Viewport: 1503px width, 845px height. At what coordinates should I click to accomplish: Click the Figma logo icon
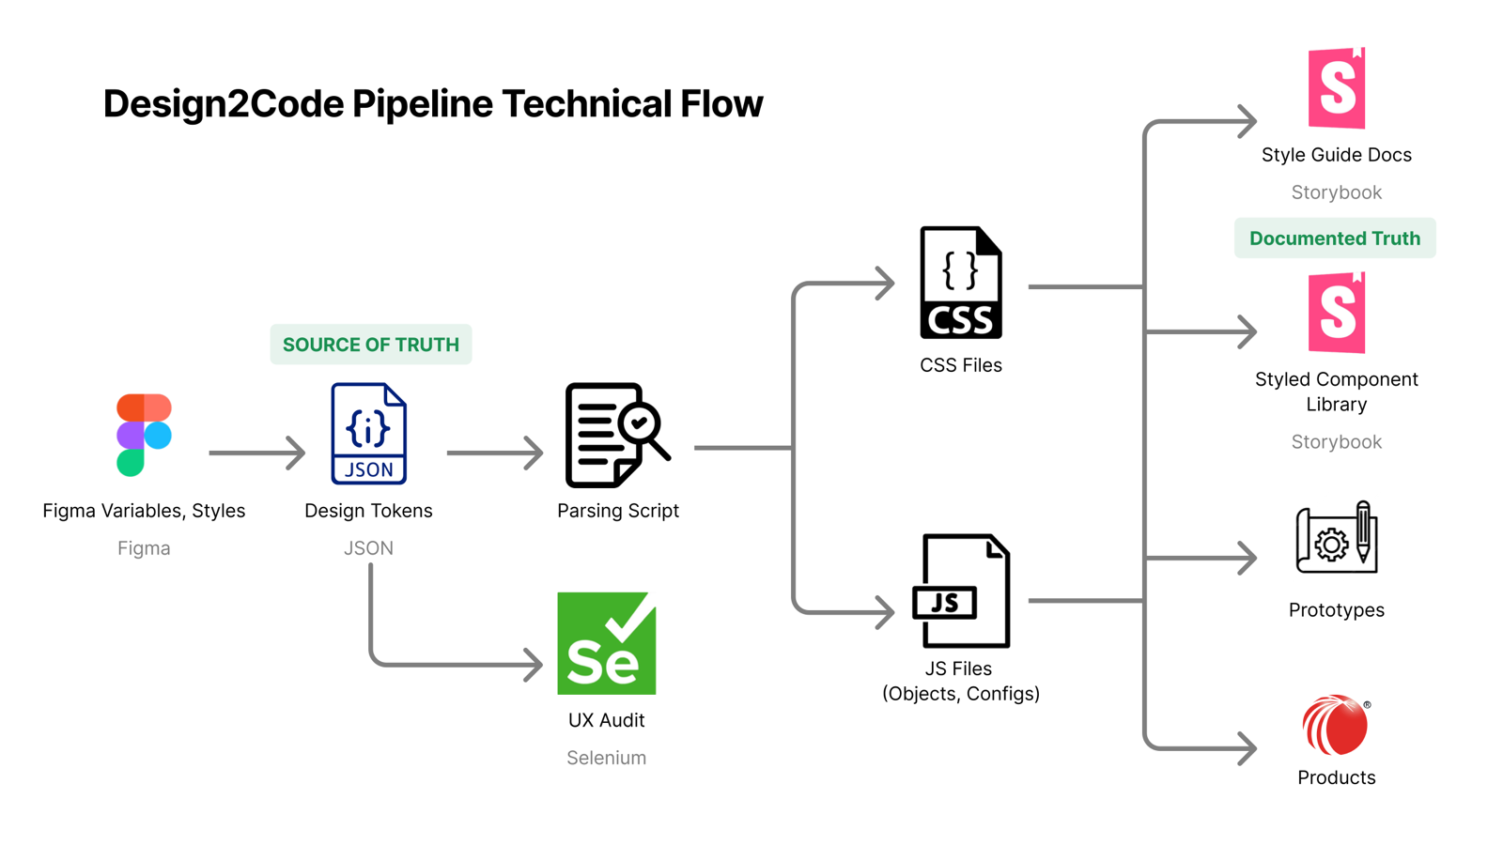[144, 435]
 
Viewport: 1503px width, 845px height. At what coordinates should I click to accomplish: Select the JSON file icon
[368, 434]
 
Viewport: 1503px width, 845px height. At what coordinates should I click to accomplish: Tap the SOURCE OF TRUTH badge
[371, 345]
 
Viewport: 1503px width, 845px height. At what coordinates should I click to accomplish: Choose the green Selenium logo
[606, 643]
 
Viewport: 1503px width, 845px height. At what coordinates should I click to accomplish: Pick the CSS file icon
[960, 283]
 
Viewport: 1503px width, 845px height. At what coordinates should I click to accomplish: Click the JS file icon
[960, 591]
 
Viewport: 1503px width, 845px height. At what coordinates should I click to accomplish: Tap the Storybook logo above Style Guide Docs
[1336, 88]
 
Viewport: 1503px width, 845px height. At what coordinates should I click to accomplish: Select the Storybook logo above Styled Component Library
[1336, 313]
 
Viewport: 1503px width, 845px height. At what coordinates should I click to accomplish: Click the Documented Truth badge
[1335, 238]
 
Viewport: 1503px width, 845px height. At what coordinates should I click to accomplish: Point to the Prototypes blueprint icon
[1336, 538]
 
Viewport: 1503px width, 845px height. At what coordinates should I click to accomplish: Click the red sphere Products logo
[1335, 725]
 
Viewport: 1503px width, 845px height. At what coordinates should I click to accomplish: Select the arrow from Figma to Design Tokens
[256, 453]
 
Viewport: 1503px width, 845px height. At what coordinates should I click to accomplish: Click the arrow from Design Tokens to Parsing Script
[494, 453]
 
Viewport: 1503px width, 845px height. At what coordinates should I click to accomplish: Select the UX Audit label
[606, 720]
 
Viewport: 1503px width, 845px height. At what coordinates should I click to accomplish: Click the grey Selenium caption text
[606, 758]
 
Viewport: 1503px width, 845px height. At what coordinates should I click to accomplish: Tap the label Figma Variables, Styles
[144, 511]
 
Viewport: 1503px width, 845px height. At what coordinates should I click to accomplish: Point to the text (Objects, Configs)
[960, 694]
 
